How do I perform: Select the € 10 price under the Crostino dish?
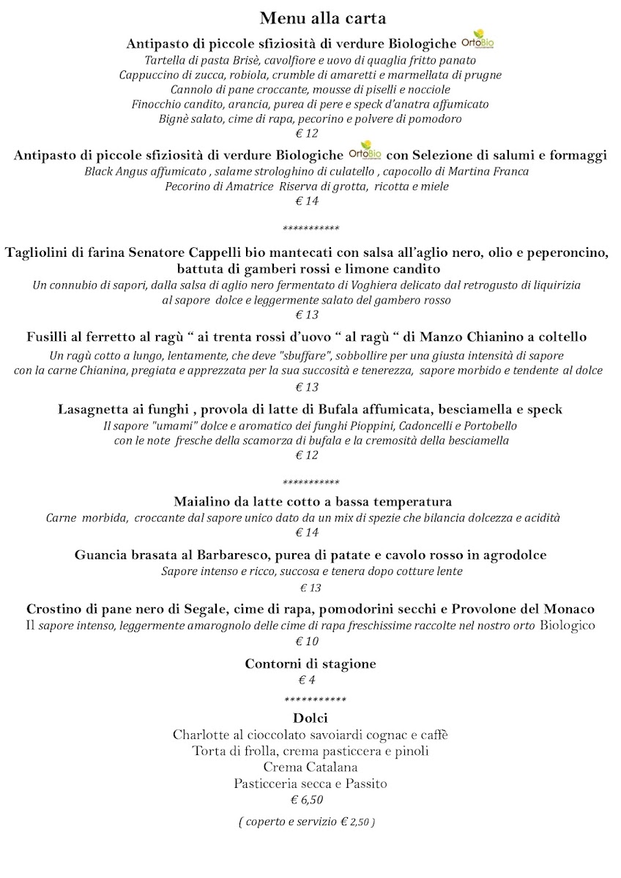coord(307,642)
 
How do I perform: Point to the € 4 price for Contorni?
coord(307,680)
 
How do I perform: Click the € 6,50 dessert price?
coord(307,800)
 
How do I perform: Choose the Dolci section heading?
coord(310,718)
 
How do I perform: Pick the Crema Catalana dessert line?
coord(310,767)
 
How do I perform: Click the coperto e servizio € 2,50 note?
coord(307,822)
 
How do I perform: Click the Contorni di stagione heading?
coord(310,664)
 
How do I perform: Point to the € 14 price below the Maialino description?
coord(307,533)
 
